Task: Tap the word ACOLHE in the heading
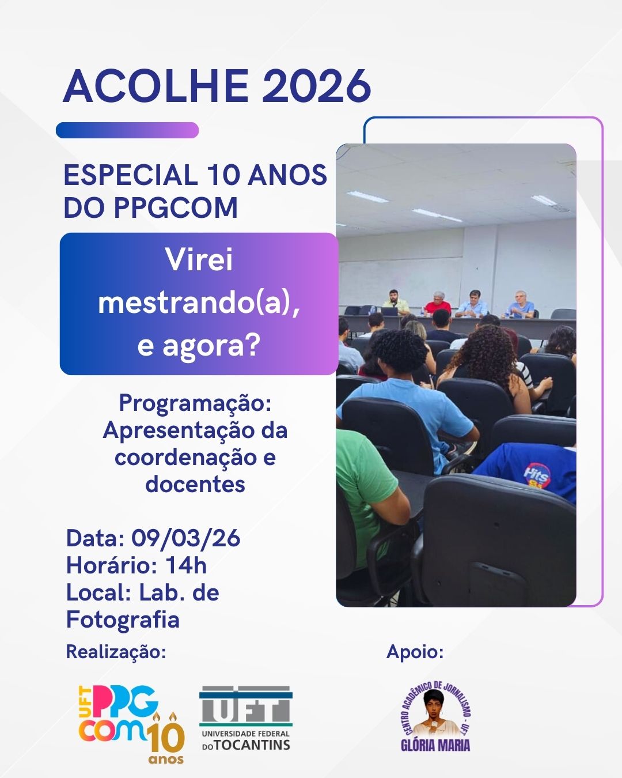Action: pos(155,86)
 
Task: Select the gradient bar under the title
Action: pos(127,130)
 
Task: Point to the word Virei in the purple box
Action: pos(199,260)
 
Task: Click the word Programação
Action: pos(195,403)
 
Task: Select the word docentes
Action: pos(195,484)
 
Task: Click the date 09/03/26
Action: pos(185,538)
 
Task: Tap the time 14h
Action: pos(186,565)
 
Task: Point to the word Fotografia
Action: pos(123,620)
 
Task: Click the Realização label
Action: pos(116,652)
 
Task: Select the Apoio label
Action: pos(415,652)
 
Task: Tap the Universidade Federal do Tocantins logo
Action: pos(246,717)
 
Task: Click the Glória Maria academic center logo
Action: pos(435,717)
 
